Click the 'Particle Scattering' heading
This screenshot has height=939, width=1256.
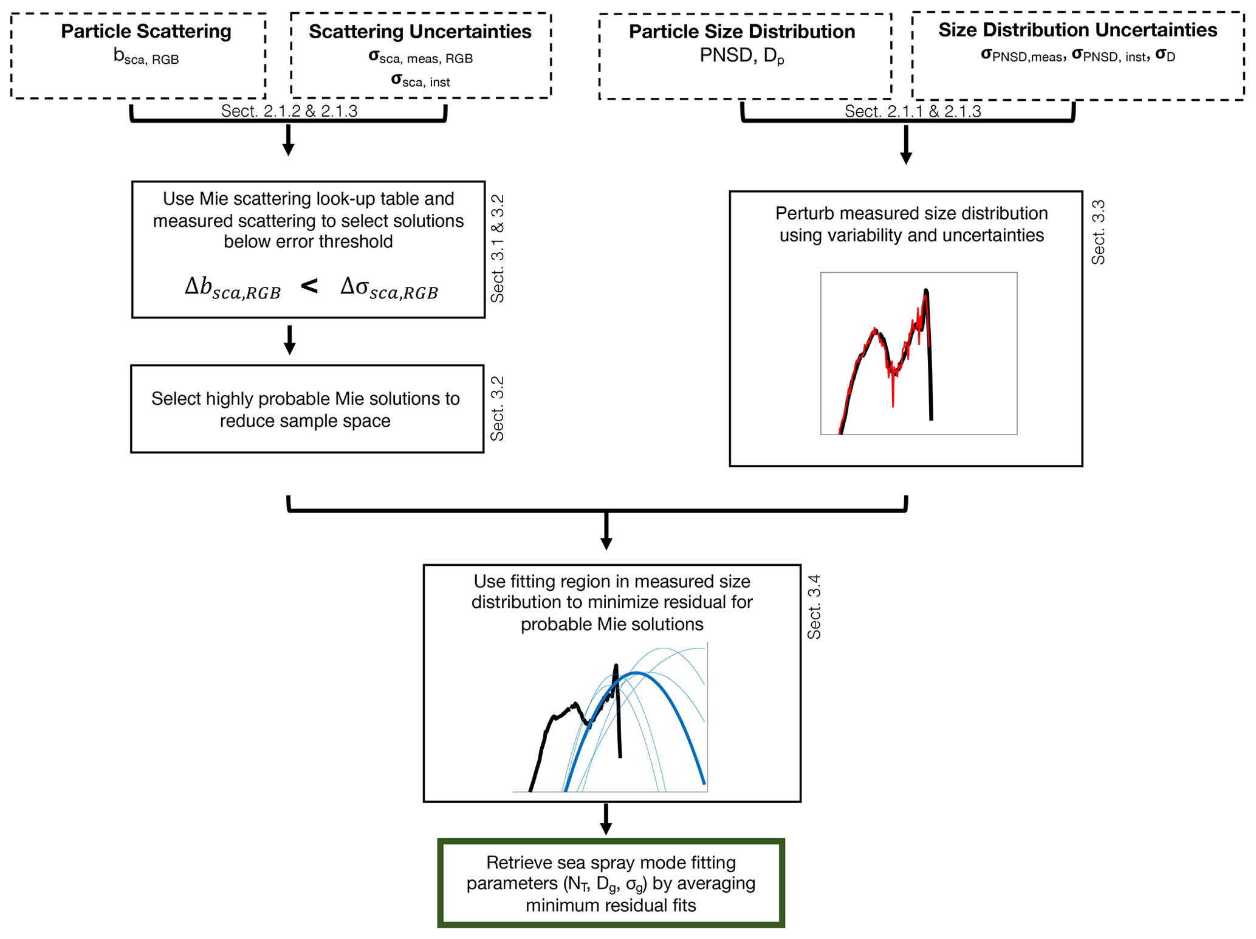click(x=146, y=31)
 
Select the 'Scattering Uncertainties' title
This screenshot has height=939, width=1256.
click(x=420, y=31)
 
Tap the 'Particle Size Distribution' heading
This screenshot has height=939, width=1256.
click(x=741, y=31)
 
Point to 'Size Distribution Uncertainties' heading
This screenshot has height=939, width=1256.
click(x=1077, y=30)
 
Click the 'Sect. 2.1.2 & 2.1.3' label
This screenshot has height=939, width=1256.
click(x=289, y=111)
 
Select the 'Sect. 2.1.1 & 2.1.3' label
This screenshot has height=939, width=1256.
click(x=912, y=111)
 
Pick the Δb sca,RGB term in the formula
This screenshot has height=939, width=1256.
click(x=233, y=288)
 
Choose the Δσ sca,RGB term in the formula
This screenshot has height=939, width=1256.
click(x=389, y=288)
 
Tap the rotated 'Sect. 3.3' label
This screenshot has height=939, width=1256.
click(x=1098, y=232)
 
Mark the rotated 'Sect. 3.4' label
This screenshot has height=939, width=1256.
click(x=814, y=607)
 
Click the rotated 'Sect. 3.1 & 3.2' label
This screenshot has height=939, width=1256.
click(x=498, y=248)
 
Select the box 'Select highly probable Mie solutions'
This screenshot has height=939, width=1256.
click(x=306, y=409)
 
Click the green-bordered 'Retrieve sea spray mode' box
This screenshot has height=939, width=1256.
click(x=611, y=883)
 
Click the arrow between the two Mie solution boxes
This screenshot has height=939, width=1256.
click(x=290, y=340)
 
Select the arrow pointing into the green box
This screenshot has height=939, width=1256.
click(x=606, y=820)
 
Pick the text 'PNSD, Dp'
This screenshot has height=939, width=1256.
click(x=741, y=57)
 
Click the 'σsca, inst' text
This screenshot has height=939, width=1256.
click(x=420, y=81)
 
